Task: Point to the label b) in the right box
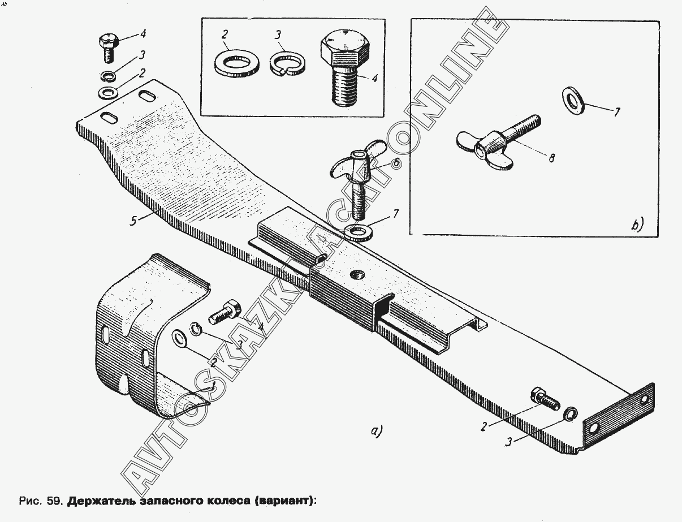[637, 225]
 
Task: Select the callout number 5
[133, 221]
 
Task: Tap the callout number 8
[551, 158]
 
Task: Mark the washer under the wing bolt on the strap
[357, 232]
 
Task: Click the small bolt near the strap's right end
[544, 398]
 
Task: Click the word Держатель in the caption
[100, 501]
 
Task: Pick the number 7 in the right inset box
[616, 113]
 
